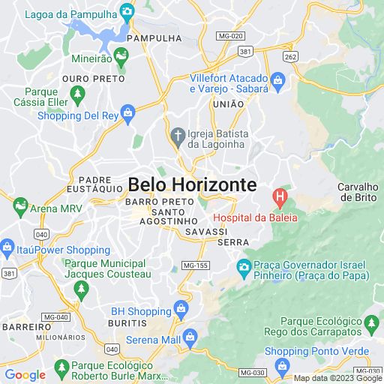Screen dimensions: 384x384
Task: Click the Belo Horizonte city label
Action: tap(192, 184)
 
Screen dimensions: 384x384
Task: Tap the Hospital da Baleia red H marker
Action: tap(280, 199)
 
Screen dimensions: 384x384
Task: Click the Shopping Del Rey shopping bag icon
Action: tap(127, 115)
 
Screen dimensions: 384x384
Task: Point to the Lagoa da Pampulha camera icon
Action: tap(127, 13)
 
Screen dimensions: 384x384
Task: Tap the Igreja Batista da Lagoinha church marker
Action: tap(178, 135)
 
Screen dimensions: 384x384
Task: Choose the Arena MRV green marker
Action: tap(19, 206)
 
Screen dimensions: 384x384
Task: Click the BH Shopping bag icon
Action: tap(181, 307)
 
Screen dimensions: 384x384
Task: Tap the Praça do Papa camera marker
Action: tap(244, 267)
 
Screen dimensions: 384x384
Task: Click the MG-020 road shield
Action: tap(230, 36)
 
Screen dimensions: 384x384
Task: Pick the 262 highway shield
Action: tap(291, 56)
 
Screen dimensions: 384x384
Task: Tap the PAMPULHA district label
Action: tap(154, 37)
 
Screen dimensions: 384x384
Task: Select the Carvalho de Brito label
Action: tap(358, 192)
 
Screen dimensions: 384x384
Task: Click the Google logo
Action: tap(25, 375)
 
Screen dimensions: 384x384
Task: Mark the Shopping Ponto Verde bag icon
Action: tap(282, 366)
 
